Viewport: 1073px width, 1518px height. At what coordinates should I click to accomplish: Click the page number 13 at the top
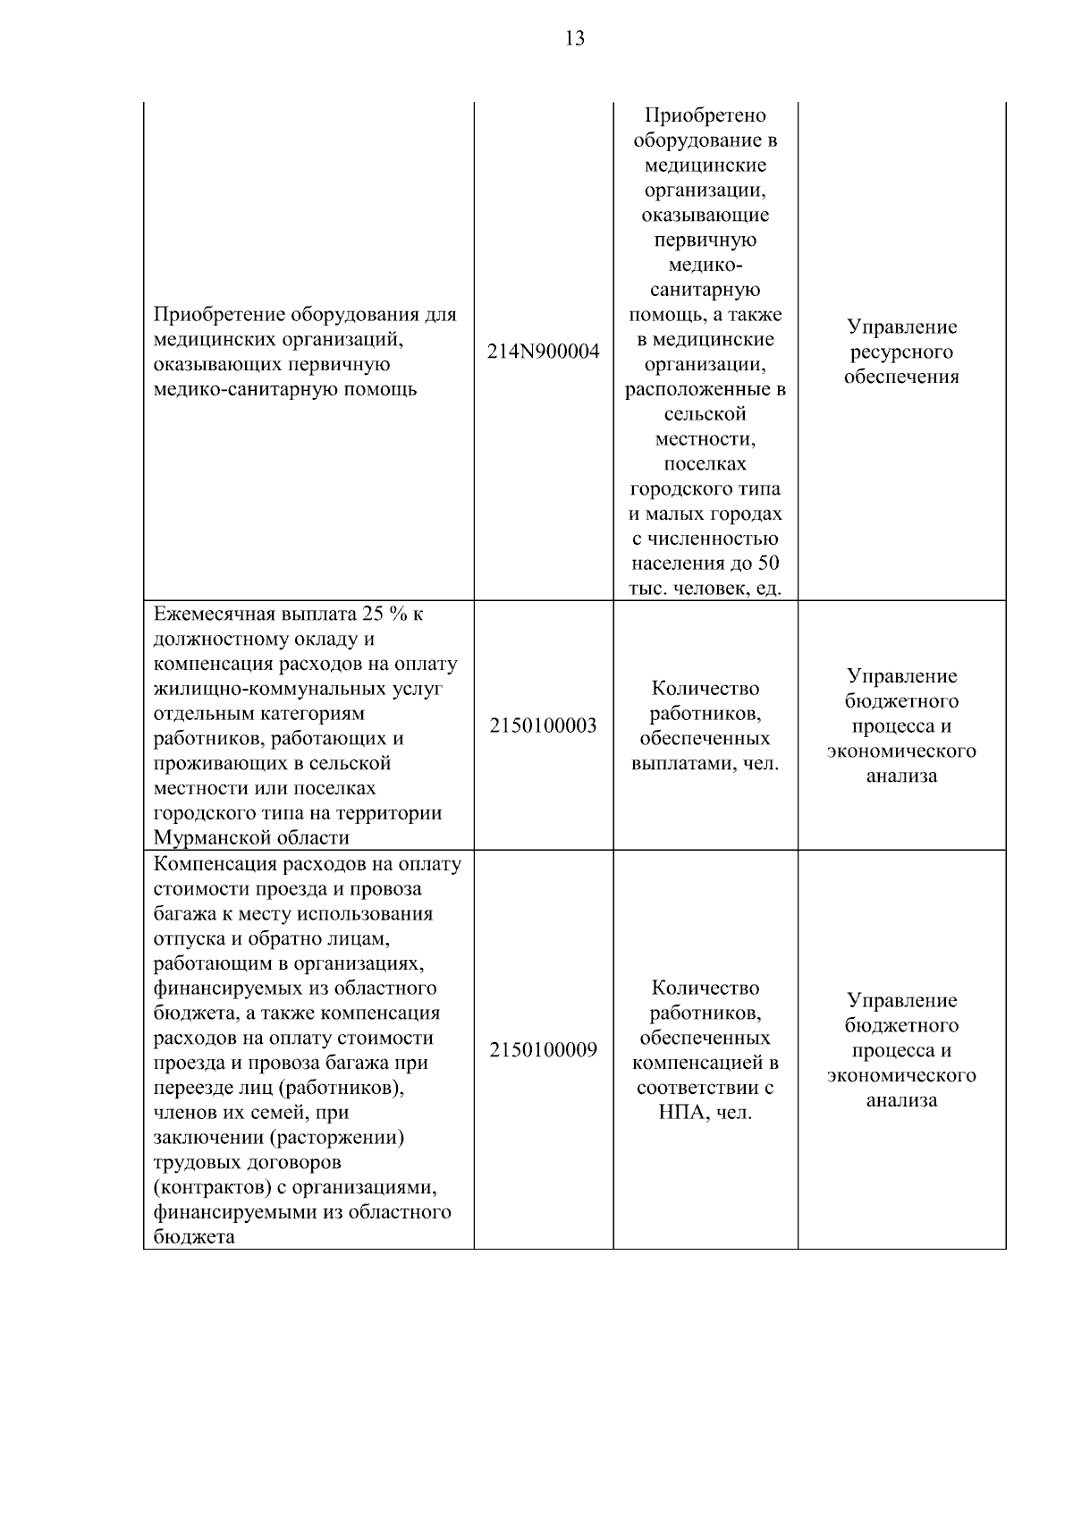click(x=575, y=38)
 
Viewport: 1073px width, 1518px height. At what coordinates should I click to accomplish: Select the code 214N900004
click(x=543, y=352)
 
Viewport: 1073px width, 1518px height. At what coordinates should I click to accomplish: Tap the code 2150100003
click(x=543, y=725)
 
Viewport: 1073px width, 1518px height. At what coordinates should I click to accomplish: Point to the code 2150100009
click(x=543, y=1049)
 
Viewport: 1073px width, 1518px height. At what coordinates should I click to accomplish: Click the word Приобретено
click(x=705, y=115)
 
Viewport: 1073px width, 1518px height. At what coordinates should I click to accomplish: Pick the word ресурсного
click(x=901, y=352)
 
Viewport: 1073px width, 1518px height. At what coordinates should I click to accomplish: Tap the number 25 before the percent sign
click(x=372, y=615)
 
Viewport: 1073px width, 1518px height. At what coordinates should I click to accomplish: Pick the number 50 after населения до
click(x=768, y=564)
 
